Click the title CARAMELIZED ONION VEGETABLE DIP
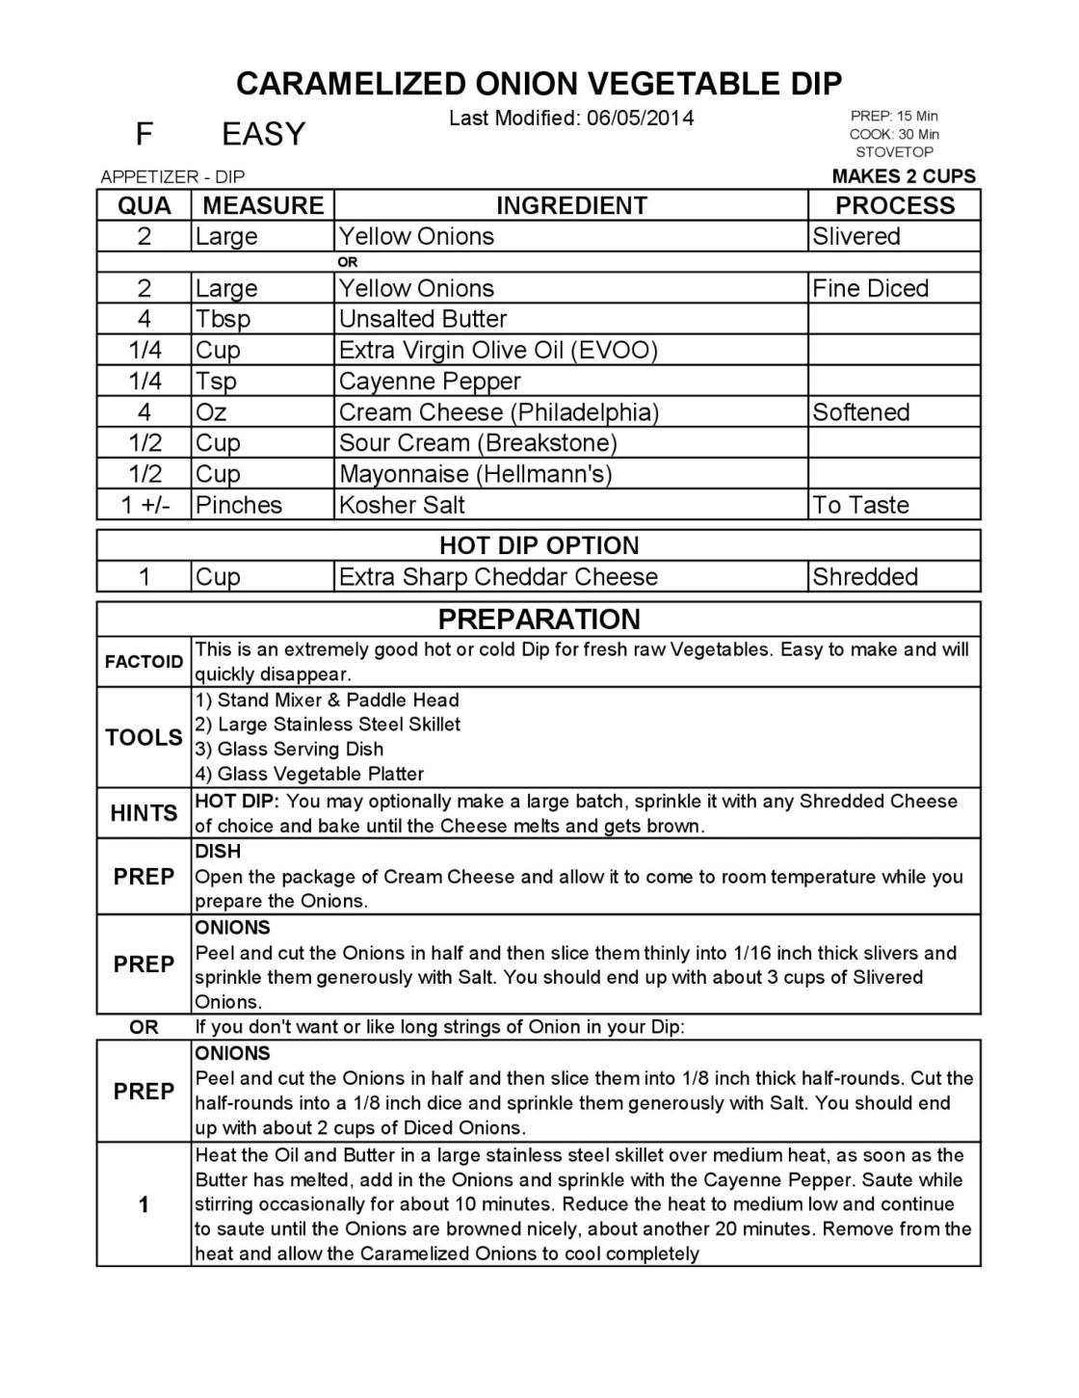(539, 84)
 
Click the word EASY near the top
(263, 134)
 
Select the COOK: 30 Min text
(894, 134)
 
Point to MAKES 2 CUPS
(903, 176)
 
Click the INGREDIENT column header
(571, 205)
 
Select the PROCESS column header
(894, 205)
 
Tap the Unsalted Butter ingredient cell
(423, 319)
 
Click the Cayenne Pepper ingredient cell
(430, 381)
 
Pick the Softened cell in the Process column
(860, 412)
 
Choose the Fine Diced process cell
(870, 288)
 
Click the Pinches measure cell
(239, 505)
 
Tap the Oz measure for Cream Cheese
(211, 412)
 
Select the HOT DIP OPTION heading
(539, 545)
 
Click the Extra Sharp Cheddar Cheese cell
(498, 577)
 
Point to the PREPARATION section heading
(539, 619)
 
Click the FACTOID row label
(144, 662)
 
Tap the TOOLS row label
(144, 737)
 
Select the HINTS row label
(144, 813)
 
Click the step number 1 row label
(144, 1204)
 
